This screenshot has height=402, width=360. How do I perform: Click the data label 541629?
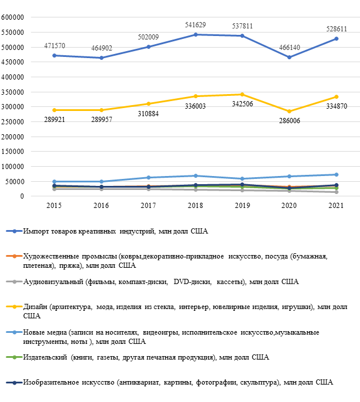point(195,25)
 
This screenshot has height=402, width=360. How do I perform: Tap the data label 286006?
point(290,121)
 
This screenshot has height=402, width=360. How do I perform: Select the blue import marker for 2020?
point(290,58)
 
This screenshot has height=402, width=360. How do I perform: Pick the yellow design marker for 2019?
point(243,95)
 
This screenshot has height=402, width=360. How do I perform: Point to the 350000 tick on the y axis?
point(12,92)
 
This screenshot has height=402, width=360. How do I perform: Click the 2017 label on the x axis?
point(148,206)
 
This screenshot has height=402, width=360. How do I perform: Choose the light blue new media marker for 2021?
point(336,175)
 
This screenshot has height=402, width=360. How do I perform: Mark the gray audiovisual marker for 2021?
point(336,192)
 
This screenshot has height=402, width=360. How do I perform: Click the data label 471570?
point(55,46)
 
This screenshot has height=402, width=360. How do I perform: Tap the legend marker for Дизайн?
point(15,307)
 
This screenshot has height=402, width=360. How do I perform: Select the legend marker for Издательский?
point(15,357)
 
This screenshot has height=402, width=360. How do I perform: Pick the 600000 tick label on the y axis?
point(12,17)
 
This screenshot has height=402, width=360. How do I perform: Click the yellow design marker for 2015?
point(55,110)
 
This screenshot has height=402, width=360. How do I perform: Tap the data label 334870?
point(336,106)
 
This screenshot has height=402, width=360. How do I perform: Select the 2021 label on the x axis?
point(336,206)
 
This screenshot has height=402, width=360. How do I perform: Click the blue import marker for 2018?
point(195,35)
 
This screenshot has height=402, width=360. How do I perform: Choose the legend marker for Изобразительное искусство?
point(15,382)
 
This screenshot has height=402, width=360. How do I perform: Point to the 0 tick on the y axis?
point(22,196)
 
